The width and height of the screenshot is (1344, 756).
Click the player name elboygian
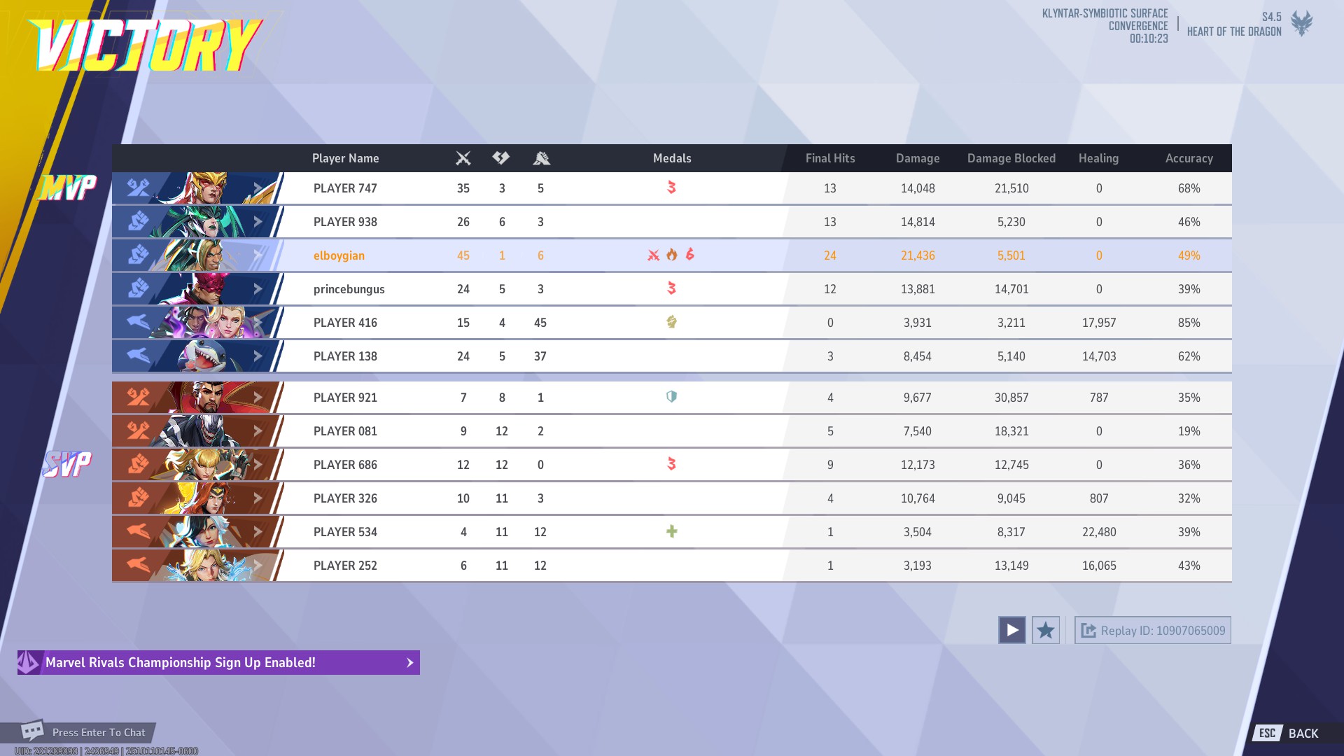pos(339,255)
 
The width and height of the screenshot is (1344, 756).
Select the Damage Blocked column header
pos(1011,158)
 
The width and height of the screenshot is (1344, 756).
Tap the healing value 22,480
pos(1098,532)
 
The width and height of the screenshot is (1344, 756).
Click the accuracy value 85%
pos(1189,323)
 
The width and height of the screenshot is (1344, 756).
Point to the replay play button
pos(1011,630)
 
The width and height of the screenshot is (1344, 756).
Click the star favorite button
pos(1045,630)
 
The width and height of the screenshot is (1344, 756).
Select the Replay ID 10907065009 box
pos(1152,630)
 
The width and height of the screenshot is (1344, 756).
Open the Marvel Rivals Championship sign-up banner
pos(218,662)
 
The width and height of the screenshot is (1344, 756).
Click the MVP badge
pos(68,187)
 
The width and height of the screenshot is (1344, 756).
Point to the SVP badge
pos(67,463)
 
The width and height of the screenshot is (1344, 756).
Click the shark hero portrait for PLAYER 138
pos(203,356)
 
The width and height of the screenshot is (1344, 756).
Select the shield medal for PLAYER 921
pos(671,397)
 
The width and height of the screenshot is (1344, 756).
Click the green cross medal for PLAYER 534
pos(671,531)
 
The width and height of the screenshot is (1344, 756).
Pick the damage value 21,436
pos(917,255)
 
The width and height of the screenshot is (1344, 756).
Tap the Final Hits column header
pos(829,158)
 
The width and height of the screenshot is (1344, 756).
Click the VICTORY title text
pos(146,45)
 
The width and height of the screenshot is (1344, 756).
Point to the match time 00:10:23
pos(1148,39)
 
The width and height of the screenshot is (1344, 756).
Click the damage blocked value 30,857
pos(1011,398)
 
